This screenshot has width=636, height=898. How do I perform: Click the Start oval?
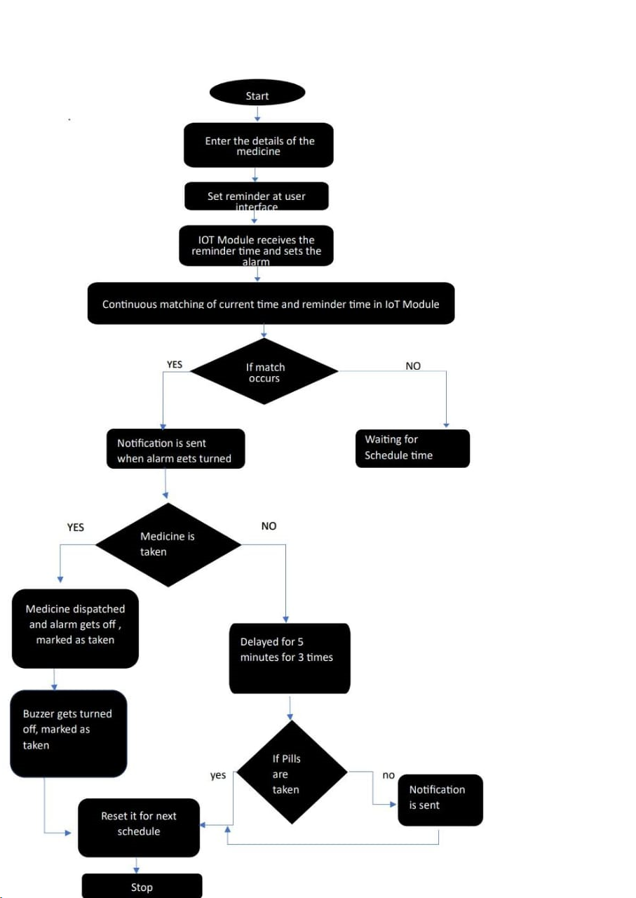[257, 93]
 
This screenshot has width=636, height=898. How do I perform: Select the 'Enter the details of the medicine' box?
[259, 146]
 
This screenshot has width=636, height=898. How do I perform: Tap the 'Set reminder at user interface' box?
[256, 196]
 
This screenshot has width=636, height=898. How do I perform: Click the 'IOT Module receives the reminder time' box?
[256, 246]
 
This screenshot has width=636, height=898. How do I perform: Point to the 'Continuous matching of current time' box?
[271, 304]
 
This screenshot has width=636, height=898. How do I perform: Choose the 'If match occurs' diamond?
[264, 372]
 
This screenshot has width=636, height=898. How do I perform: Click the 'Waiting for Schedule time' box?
[412, 448]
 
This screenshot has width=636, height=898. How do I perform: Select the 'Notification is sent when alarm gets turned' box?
[176, 449]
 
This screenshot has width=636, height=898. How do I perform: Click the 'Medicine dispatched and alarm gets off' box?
[75, 628]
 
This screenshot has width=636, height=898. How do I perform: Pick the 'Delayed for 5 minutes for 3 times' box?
[290, 658]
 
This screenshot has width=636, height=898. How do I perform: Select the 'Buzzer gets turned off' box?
[69, 733]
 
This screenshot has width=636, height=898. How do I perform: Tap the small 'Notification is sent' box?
[440, 800]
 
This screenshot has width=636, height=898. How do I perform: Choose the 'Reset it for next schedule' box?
[139, 828]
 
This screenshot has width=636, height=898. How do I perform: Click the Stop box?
[142, 886]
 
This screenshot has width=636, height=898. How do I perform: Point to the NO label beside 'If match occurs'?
[413, 366]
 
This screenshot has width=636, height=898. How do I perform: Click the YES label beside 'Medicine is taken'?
[75, 527]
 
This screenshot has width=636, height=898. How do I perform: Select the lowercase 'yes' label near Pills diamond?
[218, 775]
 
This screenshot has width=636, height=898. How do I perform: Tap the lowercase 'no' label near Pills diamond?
[388, 775]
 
